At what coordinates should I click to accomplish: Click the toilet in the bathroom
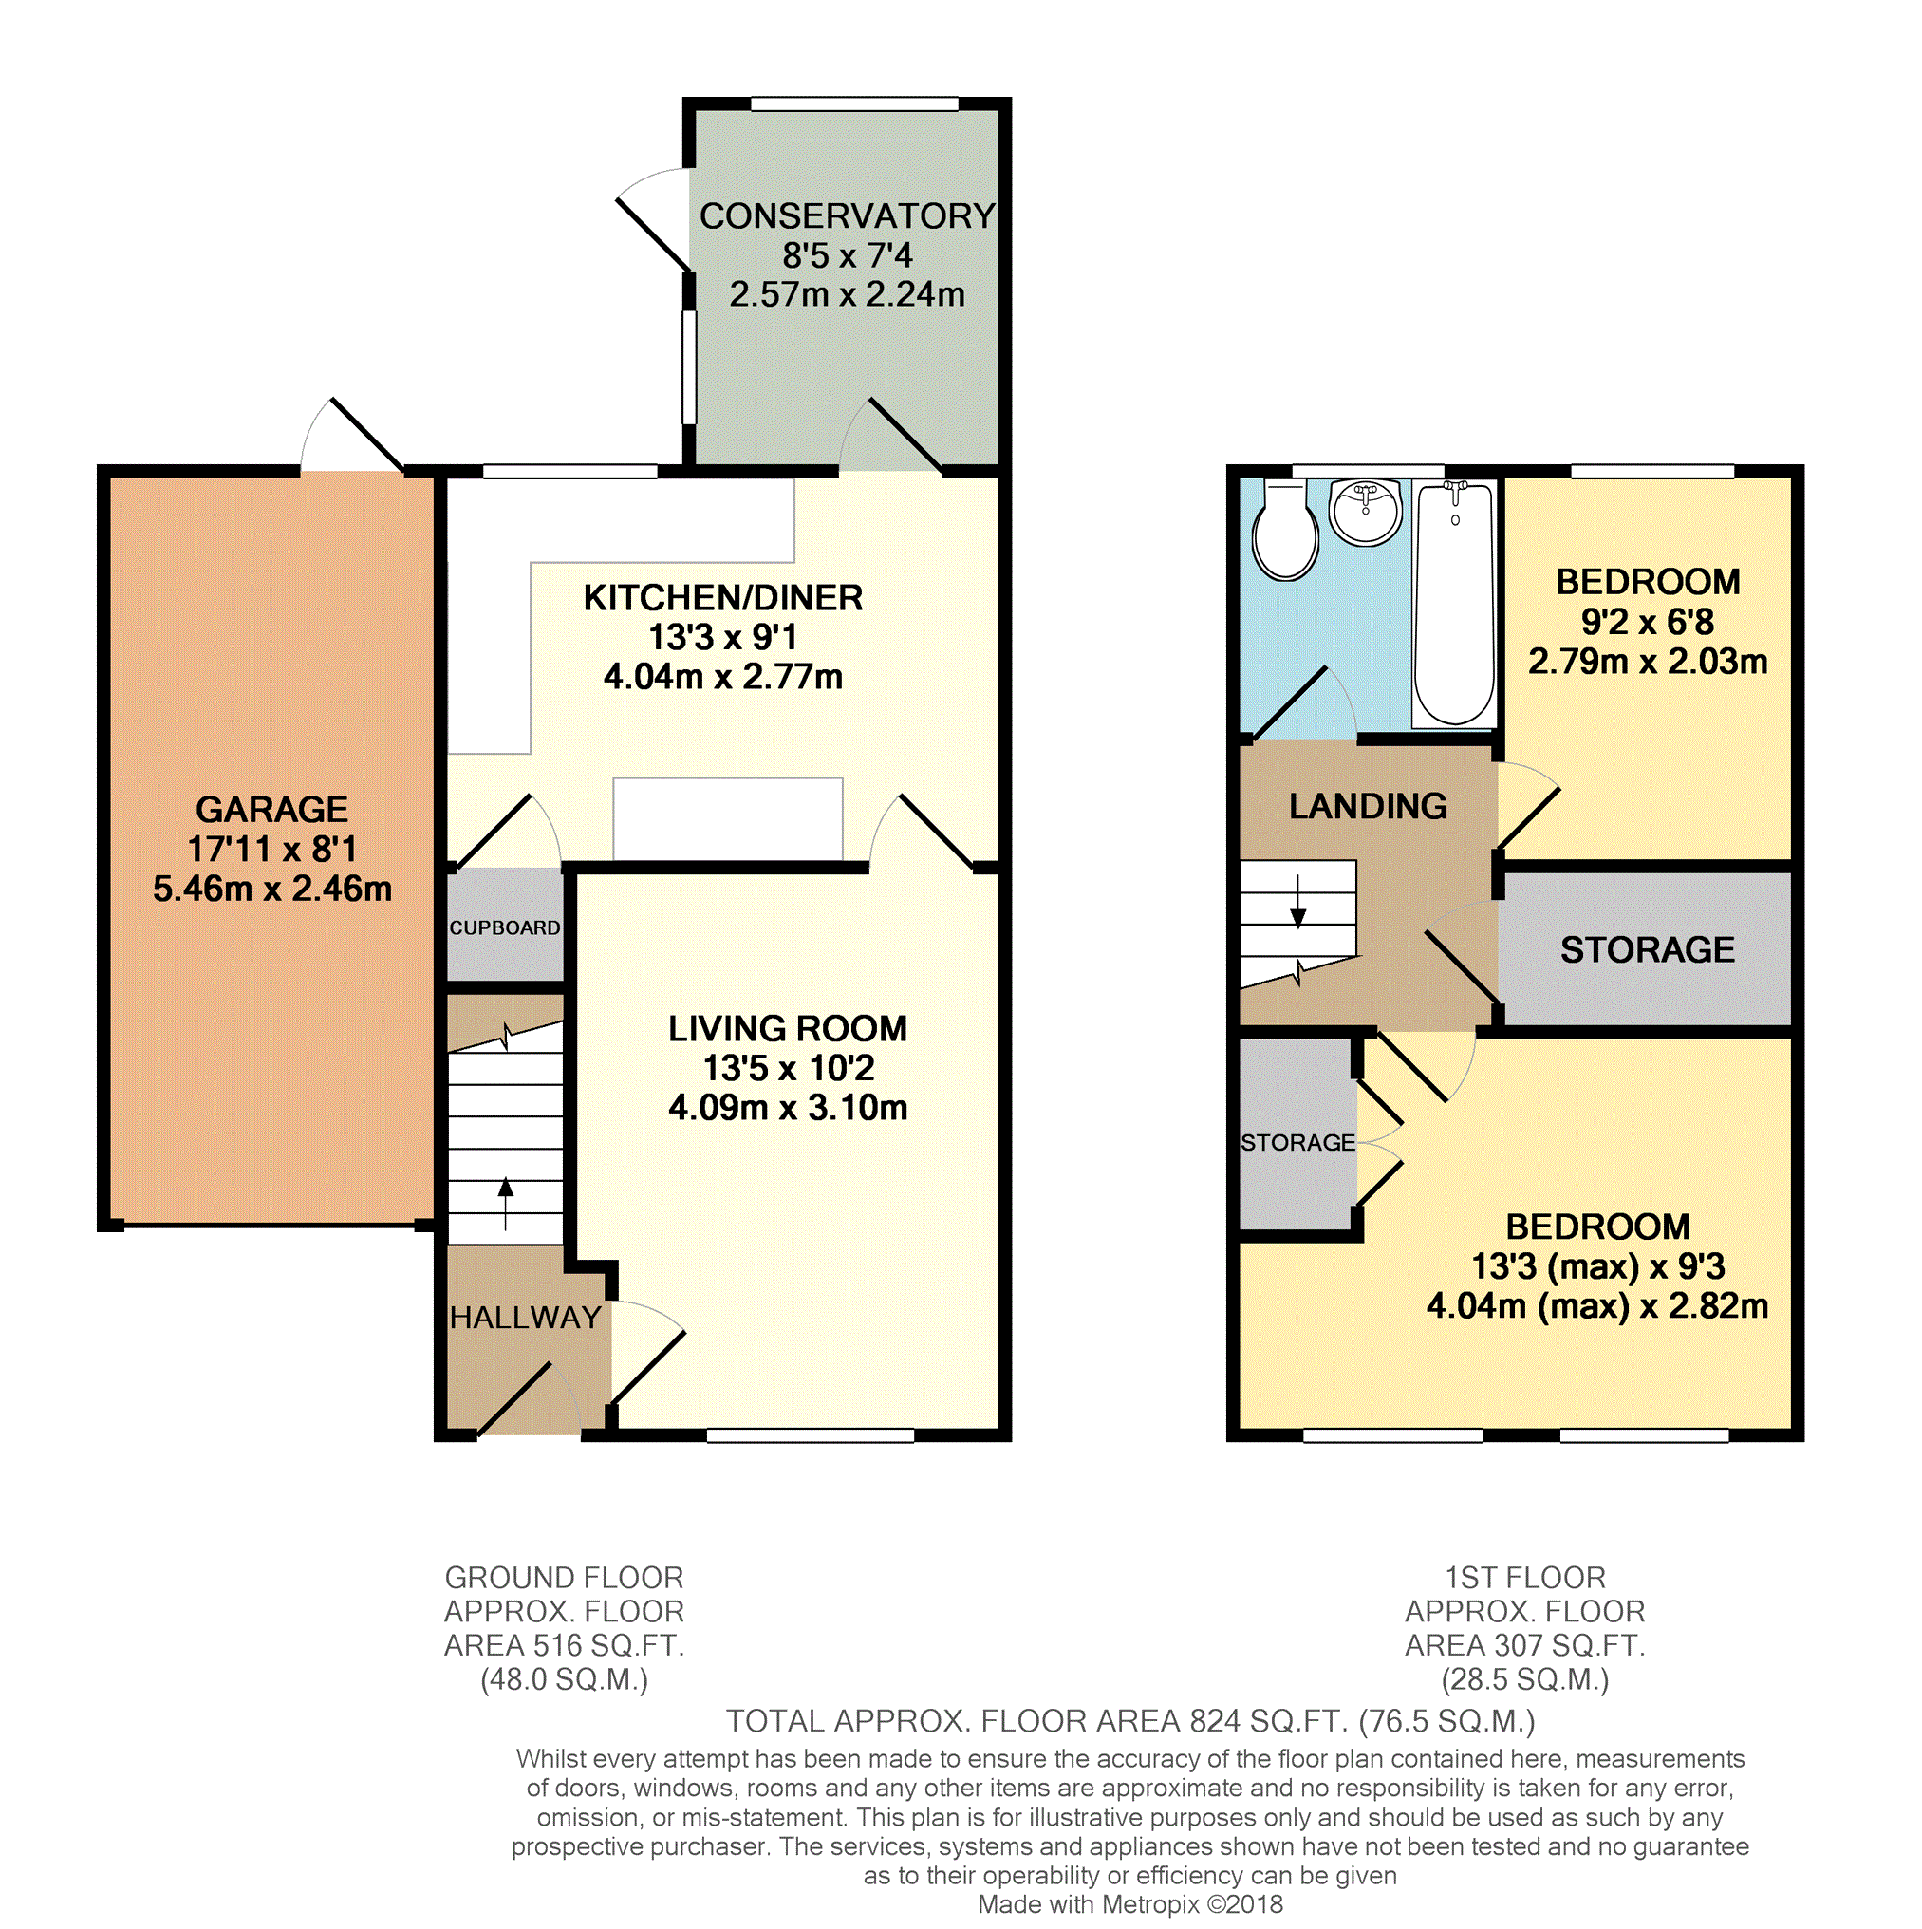coord(1285,532)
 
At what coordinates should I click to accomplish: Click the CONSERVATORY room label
coord(847,215)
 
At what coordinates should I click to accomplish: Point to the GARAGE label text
coord(271,809)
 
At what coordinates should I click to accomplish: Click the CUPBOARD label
coord(505,927)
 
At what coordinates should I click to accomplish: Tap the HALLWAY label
coord(525,1317)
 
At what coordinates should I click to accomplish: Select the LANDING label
coord(1368,806)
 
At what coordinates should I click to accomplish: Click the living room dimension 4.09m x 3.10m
coord(788,1107)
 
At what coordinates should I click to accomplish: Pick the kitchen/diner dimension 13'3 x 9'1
coord(723,637)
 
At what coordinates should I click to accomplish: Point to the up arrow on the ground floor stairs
coord(505,1203)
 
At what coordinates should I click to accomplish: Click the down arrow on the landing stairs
coord(1298,902)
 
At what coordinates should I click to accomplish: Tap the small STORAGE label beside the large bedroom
coord(1297,1142)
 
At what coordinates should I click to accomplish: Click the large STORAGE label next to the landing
coord(1648,949)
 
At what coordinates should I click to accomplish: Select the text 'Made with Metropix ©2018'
coord(1130,1904)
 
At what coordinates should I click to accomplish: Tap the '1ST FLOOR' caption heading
coord(1524,1578)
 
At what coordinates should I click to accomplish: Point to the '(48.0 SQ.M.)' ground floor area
coord(564,1679)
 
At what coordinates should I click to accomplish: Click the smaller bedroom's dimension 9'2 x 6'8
coord(1648,622)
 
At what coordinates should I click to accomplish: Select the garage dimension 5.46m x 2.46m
coord(271,889)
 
